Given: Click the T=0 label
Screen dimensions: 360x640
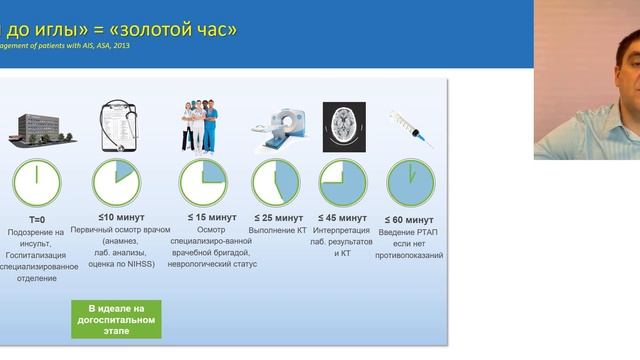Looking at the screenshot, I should pyautogui.click(x=36, y=218).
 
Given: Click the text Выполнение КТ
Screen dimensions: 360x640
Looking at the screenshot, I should pyautogui.click(x=274, y=230).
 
